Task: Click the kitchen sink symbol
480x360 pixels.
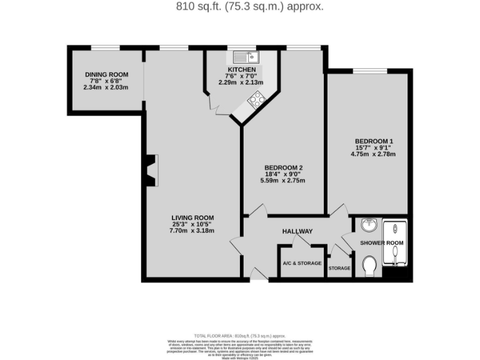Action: [242, 57]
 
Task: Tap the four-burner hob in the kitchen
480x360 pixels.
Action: [256, 99]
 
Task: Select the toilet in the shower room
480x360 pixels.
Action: [369, 266]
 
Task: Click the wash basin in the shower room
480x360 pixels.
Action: [369, 224]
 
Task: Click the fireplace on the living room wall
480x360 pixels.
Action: [150, 171]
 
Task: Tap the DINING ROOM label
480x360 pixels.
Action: [106, 74]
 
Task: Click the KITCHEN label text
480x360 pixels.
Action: [241, 69]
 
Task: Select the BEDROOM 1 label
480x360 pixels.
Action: [374, 141]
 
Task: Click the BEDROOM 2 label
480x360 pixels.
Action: [283, 167]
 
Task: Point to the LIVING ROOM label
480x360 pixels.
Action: [192, 217]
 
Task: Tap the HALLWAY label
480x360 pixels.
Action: [297, 232]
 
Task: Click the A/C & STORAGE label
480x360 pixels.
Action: [302, 263]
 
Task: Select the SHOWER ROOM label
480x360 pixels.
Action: [382, 242]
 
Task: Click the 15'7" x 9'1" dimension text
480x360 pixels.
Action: [374, 147]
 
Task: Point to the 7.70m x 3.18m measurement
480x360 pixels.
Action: [192, 231]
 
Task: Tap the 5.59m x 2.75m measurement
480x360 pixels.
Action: [283, 181]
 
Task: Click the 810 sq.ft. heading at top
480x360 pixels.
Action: [240, 7]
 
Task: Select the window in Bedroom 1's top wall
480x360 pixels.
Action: [369, 70]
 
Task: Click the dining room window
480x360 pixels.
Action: [105, 47]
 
